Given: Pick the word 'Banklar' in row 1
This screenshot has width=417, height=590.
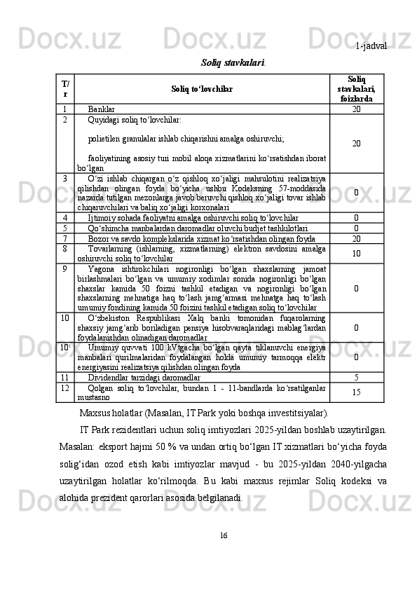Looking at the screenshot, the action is tap(102, 109).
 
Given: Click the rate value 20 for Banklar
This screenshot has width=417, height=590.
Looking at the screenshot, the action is tap(356, 109).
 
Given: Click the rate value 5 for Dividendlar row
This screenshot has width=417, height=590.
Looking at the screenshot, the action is tap(356, 377).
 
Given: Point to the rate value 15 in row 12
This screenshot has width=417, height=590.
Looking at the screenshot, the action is tap(356, 392).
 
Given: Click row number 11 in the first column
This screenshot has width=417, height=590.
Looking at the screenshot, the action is tap(64, 377).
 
